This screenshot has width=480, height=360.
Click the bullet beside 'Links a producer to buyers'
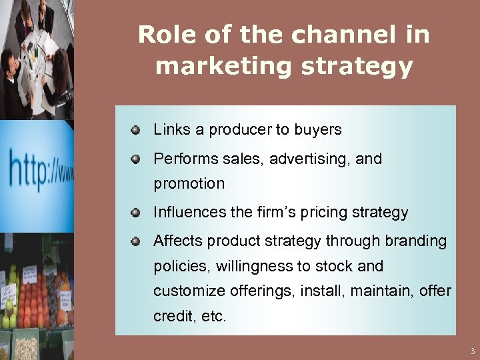pos(135,129)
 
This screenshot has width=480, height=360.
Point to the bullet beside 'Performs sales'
pos(135,159)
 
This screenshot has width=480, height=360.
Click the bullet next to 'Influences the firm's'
pos(135,213)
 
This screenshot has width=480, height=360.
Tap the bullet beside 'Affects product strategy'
pos(135,241)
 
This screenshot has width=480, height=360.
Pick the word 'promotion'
pos(189,183)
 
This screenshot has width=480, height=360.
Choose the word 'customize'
pos(189,291)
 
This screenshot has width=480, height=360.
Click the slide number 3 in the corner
pos(472,351)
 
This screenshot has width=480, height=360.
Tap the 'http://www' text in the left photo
pos(40,167)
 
